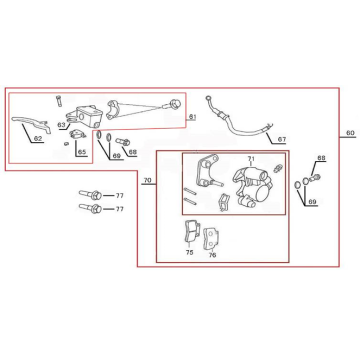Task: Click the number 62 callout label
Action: (x=38, y=138)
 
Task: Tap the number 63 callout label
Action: (x=61, y=125)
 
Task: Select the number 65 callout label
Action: (x=82, y=152)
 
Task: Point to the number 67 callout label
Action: (x=282, y=140)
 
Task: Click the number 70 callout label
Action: (x=147, y=180)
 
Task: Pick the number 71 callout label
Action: (x=251, y=158)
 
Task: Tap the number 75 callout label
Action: (x=189, y=253)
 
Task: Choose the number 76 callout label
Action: (x=212, y=255)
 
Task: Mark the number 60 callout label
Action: (x=350, y=133)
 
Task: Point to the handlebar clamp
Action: (x=113, y=110)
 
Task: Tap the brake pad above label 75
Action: (x=192, y=232)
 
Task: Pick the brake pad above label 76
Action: (x=210, y=238)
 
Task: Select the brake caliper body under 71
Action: (x=251, y=187)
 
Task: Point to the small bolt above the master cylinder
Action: (x=59, y=100)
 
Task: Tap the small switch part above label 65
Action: (x=77, y=134)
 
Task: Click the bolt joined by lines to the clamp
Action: (x=174, y=104)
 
